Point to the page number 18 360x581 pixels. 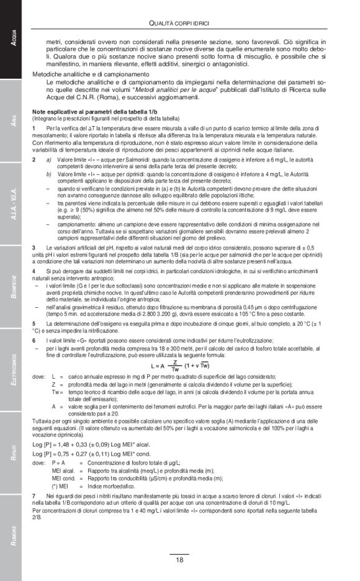[179, 560]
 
